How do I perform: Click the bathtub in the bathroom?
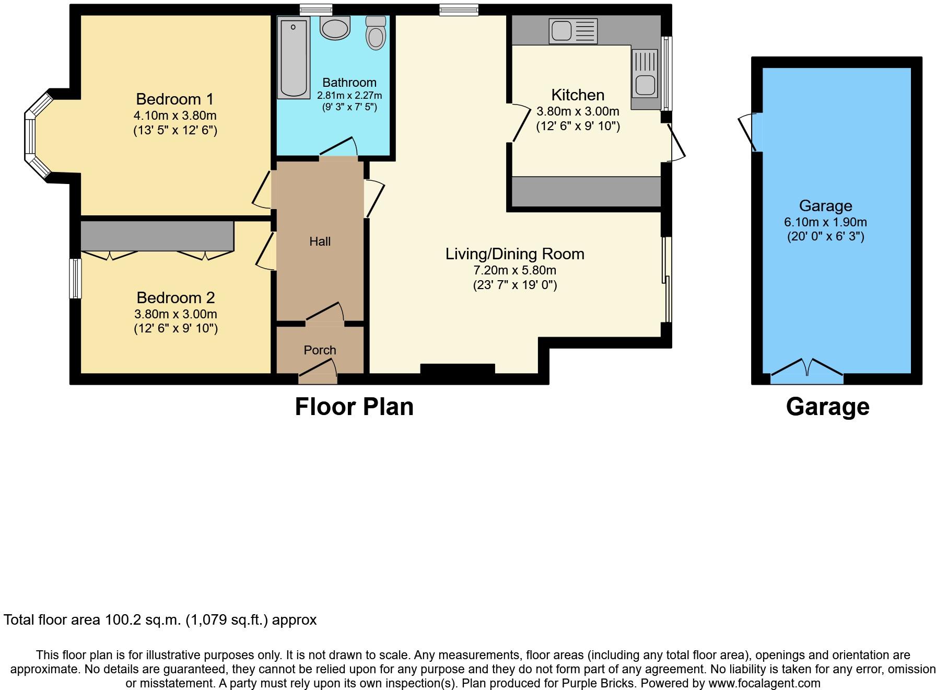[x=294, y=57]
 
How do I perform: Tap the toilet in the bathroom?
[x=376, y=33]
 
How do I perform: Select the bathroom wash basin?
[x=335, y=28]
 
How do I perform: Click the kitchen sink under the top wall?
[x=573, y=31]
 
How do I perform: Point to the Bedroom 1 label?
[x=175, y=99]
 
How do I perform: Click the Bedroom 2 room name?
[x=175, y=297]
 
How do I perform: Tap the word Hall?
[x=320, y=241]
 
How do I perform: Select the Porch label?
[x=320, y=350]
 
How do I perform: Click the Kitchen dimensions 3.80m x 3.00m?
[x=578, y=111]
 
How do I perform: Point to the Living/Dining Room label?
[x=514, y=254]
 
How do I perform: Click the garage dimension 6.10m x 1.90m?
[x=825, y=222]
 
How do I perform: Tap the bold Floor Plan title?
[x=354, y=407]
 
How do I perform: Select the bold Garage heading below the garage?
[x=827, y=407]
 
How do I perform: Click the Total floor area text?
[x=160, y=620]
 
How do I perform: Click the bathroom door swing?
[x=338, y=147]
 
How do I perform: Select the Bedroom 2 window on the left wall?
[x=76, y=278]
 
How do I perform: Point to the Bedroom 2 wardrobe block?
[x=157, y=236]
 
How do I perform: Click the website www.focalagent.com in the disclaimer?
[x=764, y=683]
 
